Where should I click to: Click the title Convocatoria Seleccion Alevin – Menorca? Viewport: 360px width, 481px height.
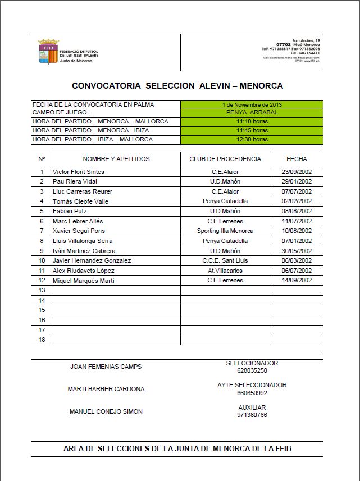(177, 86)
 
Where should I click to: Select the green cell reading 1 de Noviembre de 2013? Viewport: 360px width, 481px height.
(252, 104)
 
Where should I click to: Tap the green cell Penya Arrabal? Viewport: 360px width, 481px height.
(252, 113)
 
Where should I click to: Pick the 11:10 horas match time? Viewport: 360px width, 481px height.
(252, 121)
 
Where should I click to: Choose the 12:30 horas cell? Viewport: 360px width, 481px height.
(252, 139)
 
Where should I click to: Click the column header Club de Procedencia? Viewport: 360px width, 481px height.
(225, 159)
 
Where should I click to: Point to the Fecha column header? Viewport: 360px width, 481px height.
(297, 159)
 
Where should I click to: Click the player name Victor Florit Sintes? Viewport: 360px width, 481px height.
(79, 172)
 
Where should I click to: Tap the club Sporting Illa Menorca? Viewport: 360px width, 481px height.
(225, 231)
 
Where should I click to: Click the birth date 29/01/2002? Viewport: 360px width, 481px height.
(297, 182)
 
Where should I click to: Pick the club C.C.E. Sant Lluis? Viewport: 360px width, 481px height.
(225, 260)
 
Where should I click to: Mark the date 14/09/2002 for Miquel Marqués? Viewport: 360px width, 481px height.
(297, 280)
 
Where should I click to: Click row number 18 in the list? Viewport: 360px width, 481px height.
(42, 340)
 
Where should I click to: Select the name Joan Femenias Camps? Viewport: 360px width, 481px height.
(106, 367)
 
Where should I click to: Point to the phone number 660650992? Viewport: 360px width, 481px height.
(252, 393)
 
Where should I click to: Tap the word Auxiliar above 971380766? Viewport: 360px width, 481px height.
(252, 407)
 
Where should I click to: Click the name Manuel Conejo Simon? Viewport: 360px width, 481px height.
(106, 411)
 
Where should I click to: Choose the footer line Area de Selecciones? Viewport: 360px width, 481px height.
(177, 448)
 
